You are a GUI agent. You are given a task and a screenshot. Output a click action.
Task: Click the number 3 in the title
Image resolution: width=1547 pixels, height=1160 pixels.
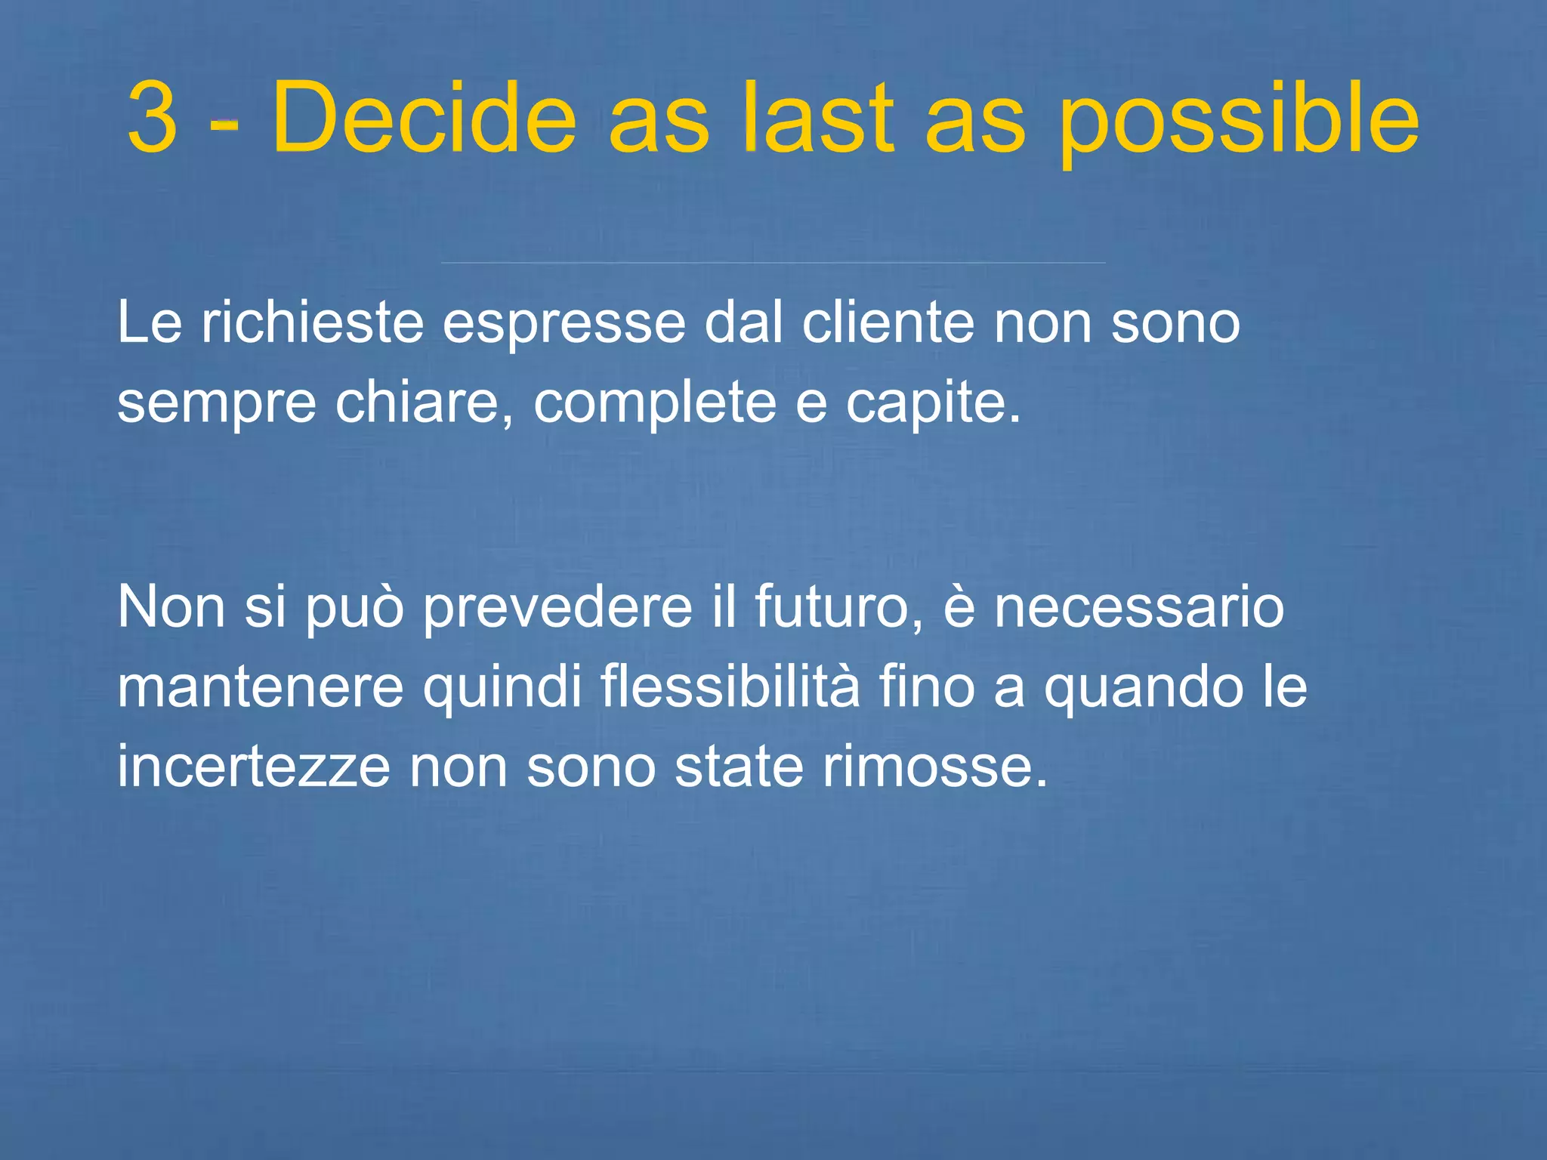click(153, 118)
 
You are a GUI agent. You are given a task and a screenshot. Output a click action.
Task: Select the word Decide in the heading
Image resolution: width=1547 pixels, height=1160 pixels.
click(425, 118)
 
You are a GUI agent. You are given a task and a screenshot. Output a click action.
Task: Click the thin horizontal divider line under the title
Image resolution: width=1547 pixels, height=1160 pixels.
click(773, 263)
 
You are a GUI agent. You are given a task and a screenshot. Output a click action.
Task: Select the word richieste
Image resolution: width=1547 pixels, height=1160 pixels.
click(312, 323)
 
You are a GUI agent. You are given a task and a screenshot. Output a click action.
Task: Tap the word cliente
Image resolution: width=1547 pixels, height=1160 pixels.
click(888, 323)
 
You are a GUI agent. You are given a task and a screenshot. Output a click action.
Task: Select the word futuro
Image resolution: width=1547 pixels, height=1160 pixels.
click(838, 608)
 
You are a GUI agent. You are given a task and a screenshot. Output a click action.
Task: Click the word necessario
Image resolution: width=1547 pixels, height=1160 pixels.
click(1138, 608)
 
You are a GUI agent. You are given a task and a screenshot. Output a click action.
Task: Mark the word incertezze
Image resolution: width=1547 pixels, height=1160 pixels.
click(254, 767)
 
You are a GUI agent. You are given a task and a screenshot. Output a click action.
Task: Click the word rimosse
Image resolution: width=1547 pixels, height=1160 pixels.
click(934, 767)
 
